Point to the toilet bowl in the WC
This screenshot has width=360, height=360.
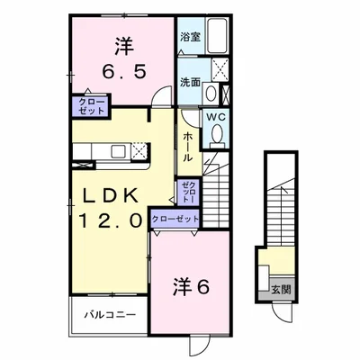coord(216,135)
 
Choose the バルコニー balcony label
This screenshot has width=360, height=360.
coord(110,315)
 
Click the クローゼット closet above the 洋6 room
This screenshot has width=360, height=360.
coord(175,218)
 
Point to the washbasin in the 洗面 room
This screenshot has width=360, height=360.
coord(211,92)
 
